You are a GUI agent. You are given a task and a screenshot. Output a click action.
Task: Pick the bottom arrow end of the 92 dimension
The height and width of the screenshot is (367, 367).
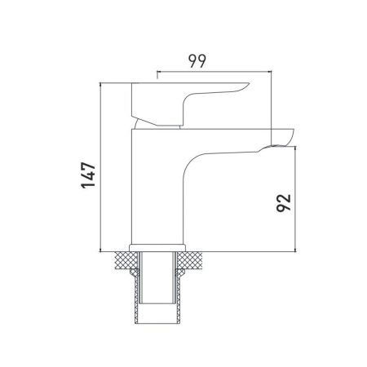coord(294,250)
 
